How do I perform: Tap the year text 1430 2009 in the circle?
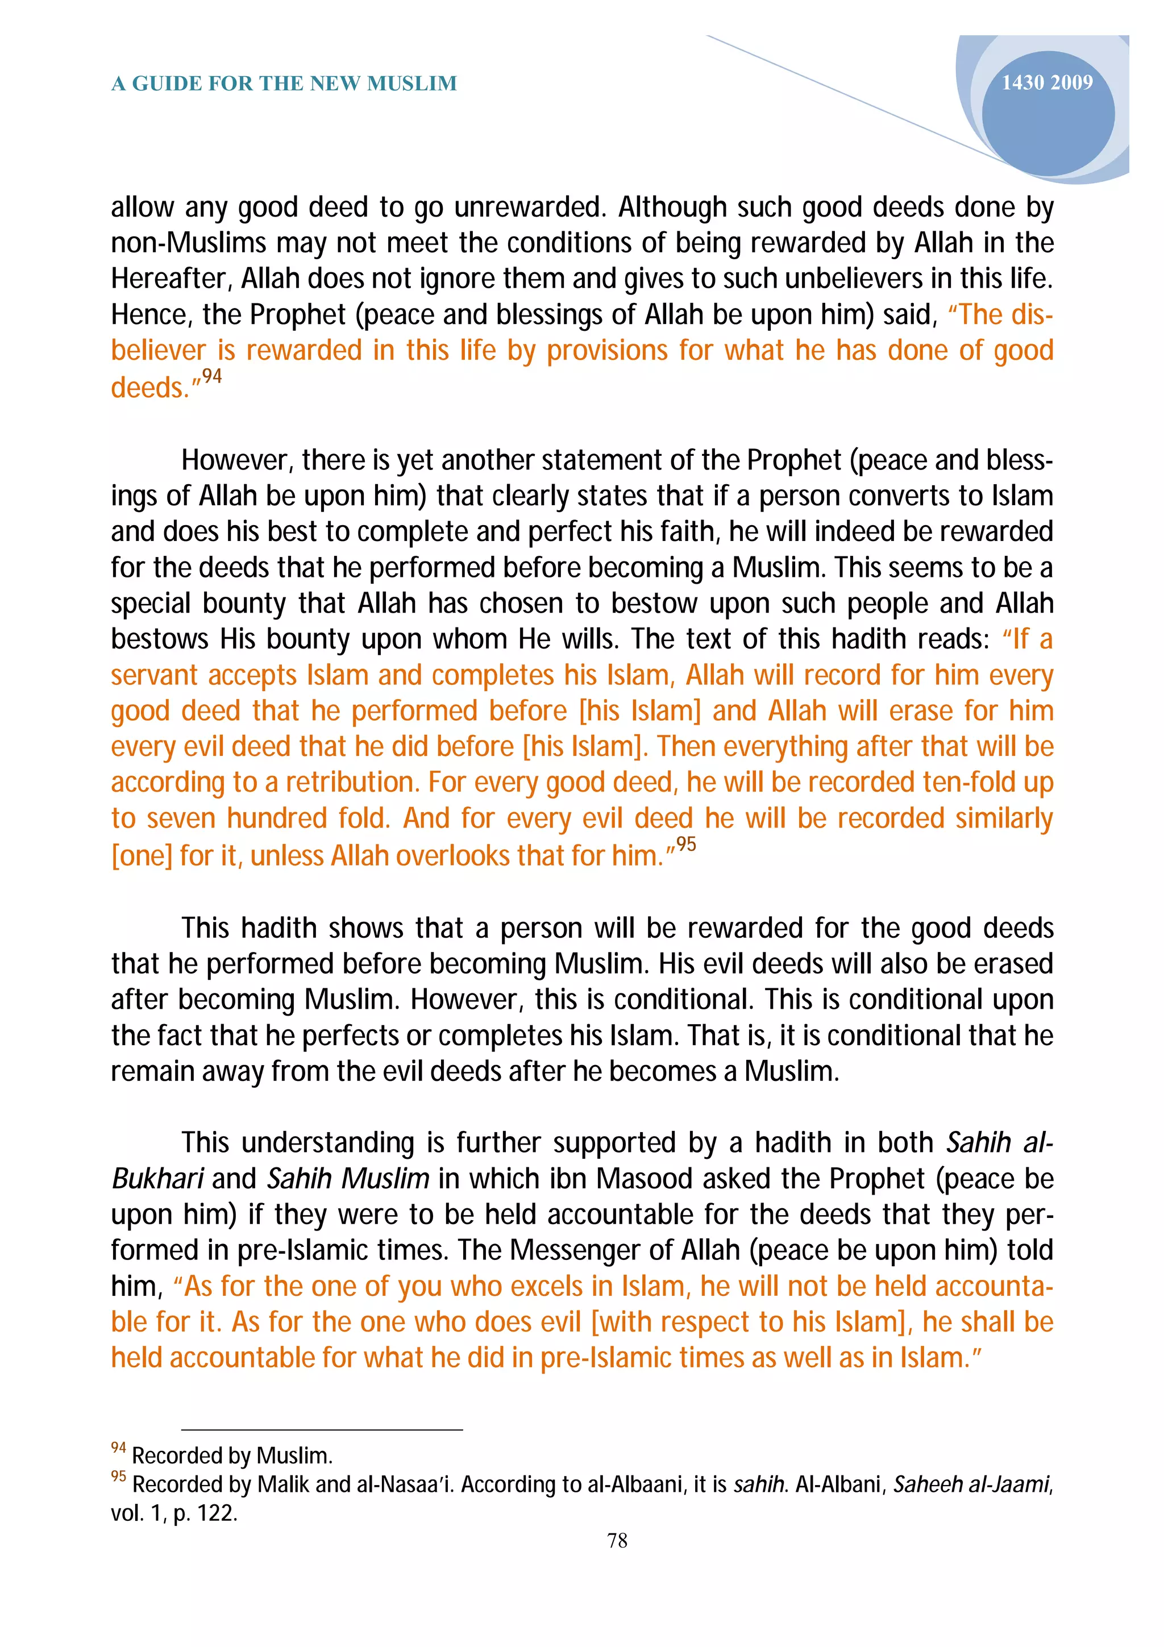[1046, 82]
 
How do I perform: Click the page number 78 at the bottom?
[617, 1540]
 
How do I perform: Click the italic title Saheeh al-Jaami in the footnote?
[970, 1483]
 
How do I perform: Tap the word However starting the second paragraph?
[236, 460]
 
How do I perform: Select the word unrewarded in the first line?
[531, 207]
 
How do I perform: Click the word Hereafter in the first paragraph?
[171, 279]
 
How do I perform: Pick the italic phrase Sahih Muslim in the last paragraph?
[348, 1179]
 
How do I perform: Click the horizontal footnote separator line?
[322, 1430]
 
